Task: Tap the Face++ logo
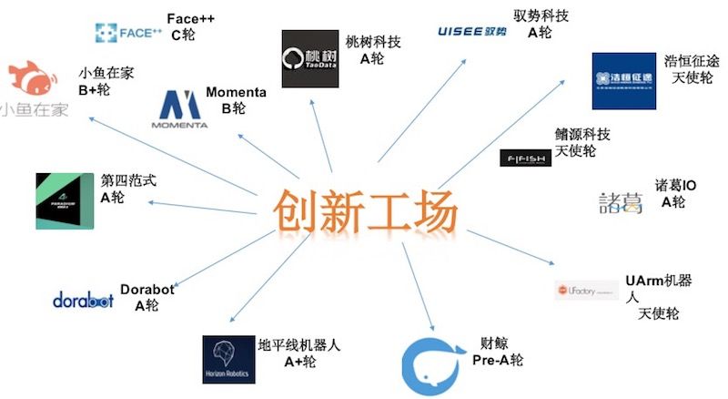coord(128,34)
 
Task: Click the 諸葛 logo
coord(621,201)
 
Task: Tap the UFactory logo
coord(586,290)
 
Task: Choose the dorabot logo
coord(83,300)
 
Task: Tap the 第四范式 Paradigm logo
coord(66,200)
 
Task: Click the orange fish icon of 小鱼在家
coord(32,80)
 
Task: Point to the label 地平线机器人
coord(299,345)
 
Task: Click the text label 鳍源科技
coord(582,135)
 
